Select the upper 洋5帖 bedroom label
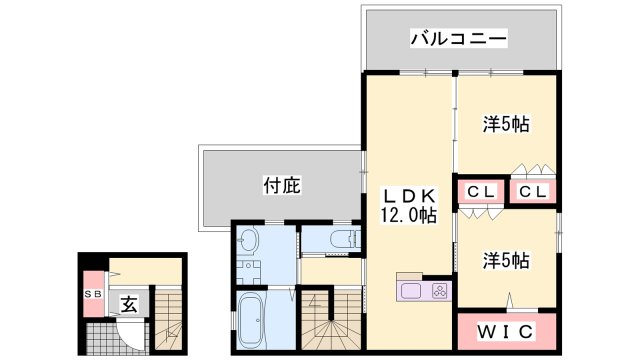coord(506,125)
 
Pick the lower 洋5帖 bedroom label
coord(506,260)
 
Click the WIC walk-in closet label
coord(506,331)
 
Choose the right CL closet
coord(532,190)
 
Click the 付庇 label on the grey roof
coord(282,185)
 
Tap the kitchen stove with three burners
coord(437,291)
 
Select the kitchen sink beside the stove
coord(412,291)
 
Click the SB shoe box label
coord(93,294)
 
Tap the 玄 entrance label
coord(129,304)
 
